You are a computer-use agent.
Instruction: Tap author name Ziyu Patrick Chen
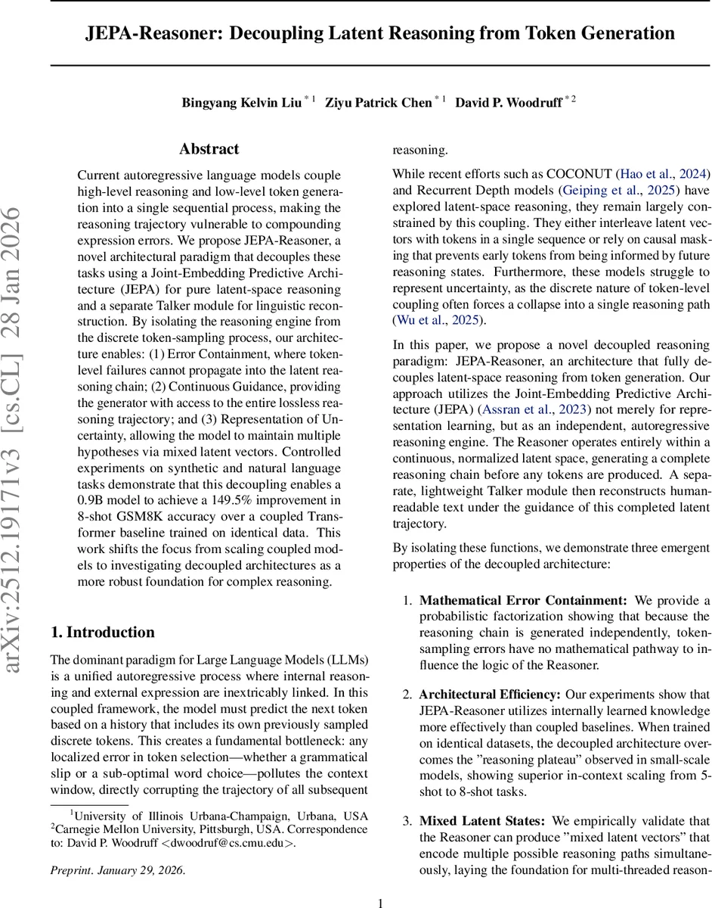coord(378,103)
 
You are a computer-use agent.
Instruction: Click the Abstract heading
coord(209,149)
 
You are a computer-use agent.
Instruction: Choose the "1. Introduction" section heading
coord(102,633)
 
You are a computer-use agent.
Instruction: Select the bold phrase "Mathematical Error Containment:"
coord(523,601)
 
